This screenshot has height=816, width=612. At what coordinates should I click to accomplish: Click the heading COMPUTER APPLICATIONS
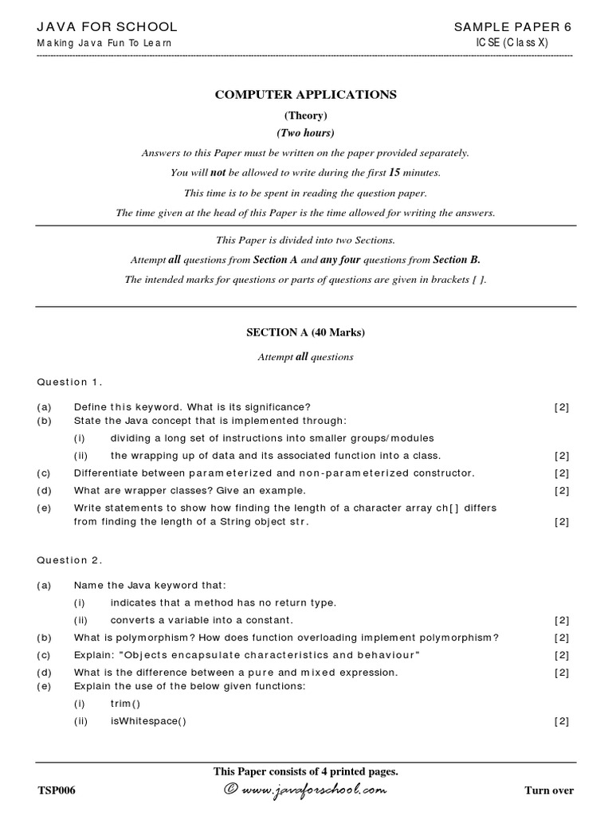coord(306,95)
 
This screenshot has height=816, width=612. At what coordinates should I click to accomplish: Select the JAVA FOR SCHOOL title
coord(108,27)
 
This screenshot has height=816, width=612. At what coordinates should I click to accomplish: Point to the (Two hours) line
coord(306,133)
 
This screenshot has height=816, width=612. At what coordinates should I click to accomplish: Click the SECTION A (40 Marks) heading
coord(306,332)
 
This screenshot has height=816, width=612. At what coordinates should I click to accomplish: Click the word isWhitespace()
coord(148,721)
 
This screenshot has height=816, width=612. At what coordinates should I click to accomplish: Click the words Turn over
coord(548,790)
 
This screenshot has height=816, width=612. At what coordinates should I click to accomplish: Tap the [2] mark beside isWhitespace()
coord(562,721)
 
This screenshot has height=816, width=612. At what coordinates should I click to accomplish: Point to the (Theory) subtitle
coord(306,116)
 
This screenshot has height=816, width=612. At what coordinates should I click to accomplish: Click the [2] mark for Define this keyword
coord(562,407)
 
